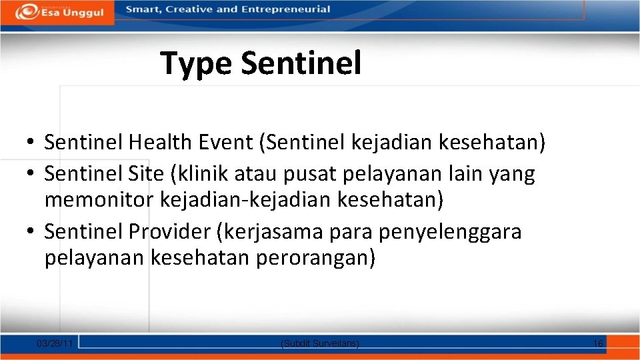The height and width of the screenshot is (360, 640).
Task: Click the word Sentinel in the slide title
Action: click(301, 63)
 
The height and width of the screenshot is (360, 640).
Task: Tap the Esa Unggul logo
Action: click(60, 11)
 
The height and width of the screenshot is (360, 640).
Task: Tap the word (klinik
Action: click(201, 174)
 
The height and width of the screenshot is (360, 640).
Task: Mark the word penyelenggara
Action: click(450, 232)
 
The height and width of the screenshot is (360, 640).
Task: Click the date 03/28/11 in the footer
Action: click(55, 343)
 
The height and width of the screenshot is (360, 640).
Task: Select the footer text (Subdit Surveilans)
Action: click(320, 343)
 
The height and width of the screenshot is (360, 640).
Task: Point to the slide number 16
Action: click(598, 343)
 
